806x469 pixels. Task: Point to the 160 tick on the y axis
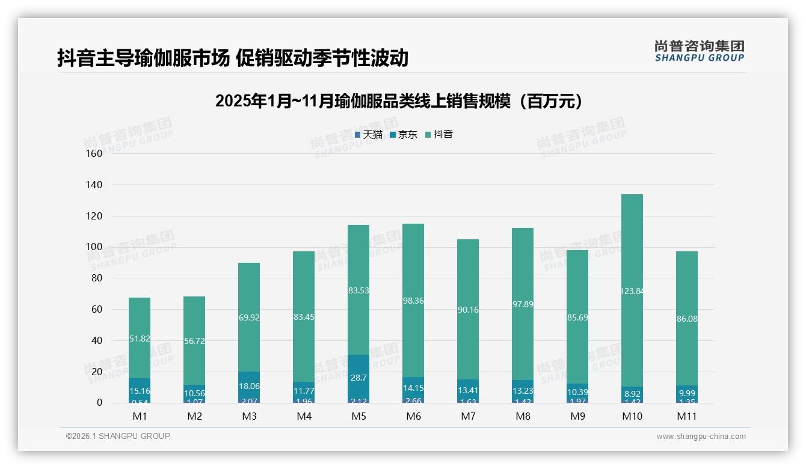pyautogui.click(x=94, y=153)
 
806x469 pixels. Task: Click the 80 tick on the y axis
pyautogui.click(x=96, y=278)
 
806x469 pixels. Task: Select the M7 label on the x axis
pyautogui.click(x=468, y=416)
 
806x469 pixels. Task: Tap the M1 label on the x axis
pyautogui.click(x=140, y=416)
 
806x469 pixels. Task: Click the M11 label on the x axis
pyautogui.click(x=687, y=416)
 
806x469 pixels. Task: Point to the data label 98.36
pyautogui.click(x=413, y=301)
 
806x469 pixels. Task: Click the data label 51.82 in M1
pyautogui.click(x=140, y=339)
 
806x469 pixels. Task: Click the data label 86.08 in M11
pyautogui.click(x=687, y=319)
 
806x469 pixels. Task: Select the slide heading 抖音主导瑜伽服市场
pyautogui.click(x=233, y=58)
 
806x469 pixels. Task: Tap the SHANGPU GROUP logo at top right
pyautogui.click(x=699, y=51)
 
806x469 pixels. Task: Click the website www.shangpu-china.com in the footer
pyautogui.click(x=701, y=437)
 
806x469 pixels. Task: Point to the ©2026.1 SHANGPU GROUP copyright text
pyautogui.click(x=118, y=436)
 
